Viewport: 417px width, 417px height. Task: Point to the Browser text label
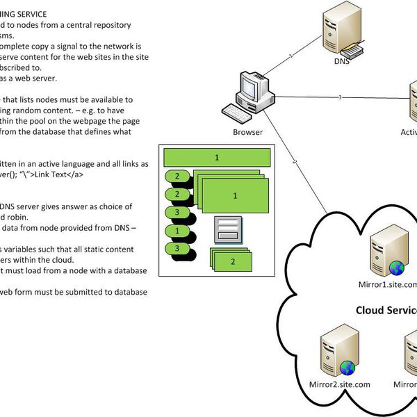(248, 131)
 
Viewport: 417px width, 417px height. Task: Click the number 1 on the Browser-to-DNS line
(291, 54)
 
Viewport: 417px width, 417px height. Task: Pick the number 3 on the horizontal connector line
(339, 97)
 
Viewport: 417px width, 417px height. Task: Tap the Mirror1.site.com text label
(393, 284)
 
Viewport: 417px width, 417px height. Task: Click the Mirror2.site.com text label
(339, 384)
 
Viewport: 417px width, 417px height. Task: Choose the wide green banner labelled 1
(217, 158)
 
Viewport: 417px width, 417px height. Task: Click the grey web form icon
(227, 229)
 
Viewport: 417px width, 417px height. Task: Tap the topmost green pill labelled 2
(178, 177)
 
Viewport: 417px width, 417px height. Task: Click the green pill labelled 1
(178, 230)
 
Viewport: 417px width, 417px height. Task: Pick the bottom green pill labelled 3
(178, 248)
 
